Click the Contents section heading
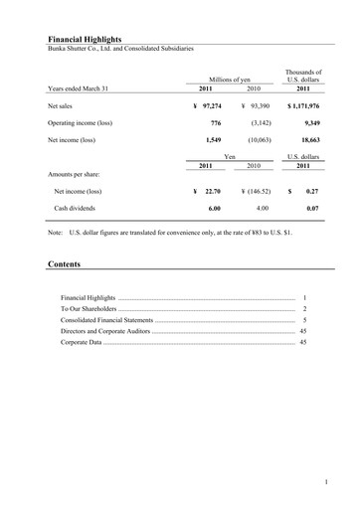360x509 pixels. pos(65,264)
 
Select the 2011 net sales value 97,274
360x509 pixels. pos(210,104)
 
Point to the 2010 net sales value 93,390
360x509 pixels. pos(260,104)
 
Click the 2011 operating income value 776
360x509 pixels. pos(218,123)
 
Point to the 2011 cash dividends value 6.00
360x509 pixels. pos(214,209)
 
